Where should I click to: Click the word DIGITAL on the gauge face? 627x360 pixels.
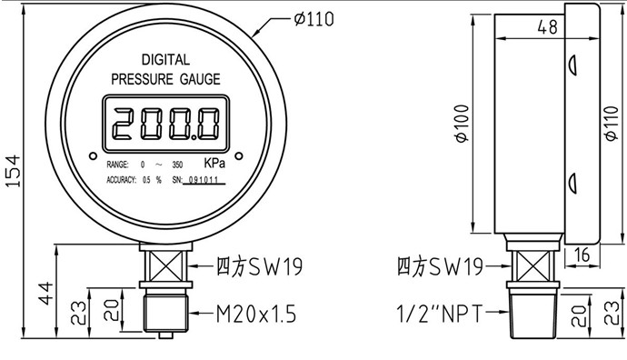pos(165,60)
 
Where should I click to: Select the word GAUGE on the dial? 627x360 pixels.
pos(200,79)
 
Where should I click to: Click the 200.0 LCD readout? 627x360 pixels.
pos(166,124)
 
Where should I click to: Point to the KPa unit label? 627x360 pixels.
pos(214,163)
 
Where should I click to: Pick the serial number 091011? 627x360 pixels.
pos(204,180)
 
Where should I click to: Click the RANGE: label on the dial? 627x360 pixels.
pos(117,165)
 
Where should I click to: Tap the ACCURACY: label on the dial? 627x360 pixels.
pos(121,180)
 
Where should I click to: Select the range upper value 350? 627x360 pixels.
pos(177,165)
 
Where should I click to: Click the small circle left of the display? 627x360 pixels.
pos(94,155)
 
